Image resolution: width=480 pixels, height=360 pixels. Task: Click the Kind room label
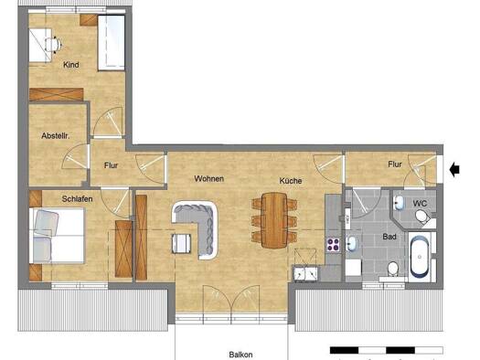pyautogui.click(x=71, y=65)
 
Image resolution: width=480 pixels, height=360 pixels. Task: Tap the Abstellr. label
pyautogui.click(x=56, y=136)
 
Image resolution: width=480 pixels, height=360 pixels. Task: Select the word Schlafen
pyautogui.click(x=77, y=199)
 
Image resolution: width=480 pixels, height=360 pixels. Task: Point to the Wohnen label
pyautogui.click(x=208, y=178)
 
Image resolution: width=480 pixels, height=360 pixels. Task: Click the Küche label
pyautogui.click(x=291, y=181)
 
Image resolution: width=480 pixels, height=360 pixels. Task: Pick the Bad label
pyautogui.click(x=389, y=237)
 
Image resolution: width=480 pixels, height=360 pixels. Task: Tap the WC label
pyautogui.click(x=420, y=204)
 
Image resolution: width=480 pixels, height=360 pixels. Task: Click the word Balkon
pyautogui.click(x=241, y=355)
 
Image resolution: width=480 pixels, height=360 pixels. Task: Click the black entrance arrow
pyautogui.click(x=454, y=169)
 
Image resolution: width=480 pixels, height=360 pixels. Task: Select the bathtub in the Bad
pyautogui.click(x=420, y=257)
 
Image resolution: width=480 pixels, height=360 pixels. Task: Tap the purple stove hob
pyautogui.click(x=334, y=245)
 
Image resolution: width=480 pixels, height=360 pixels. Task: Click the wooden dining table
pyautogui.click(x=274, y=220)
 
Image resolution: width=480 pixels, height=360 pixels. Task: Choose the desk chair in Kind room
pyautogui.click(x=53, y=46)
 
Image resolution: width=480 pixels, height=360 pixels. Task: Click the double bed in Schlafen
pyautogui.click(x=57, y=236)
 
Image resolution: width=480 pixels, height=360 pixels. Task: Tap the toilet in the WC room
pyautogui.click(x=423, y=217)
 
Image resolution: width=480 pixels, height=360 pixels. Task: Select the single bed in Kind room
pyautogui.click(x=112, y=43)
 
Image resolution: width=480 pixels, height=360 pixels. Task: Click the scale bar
pyautogui.click(x=387, y=350)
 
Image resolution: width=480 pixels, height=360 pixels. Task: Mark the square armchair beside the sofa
pyautogui.click(x=181, y=243)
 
